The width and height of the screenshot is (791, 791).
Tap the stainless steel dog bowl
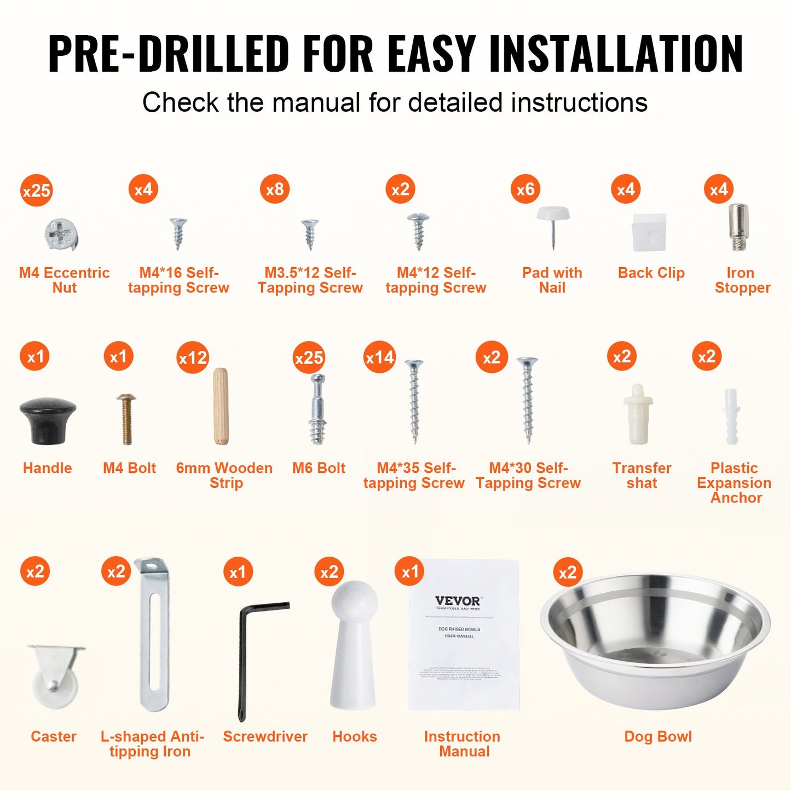655,640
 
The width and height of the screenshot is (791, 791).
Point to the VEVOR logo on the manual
457,601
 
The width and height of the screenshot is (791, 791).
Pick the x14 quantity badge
379,357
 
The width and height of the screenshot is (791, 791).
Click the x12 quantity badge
193,357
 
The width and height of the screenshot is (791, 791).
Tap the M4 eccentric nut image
61,235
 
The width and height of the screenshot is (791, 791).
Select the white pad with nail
553,224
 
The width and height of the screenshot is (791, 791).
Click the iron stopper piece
738,227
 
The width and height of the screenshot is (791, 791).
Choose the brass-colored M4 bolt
126,418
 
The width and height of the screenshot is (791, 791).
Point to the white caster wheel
55,679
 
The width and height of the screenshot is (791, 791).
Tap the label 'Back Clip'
651,273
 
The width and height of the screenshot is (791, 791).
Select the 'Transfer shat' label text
642,475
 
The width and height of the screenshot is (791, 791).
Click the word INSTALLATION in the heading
616,54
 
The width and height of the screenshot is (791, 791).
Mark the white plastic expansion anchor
731,416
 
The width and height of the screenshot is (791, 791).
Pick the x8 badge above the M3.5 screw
274,189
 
